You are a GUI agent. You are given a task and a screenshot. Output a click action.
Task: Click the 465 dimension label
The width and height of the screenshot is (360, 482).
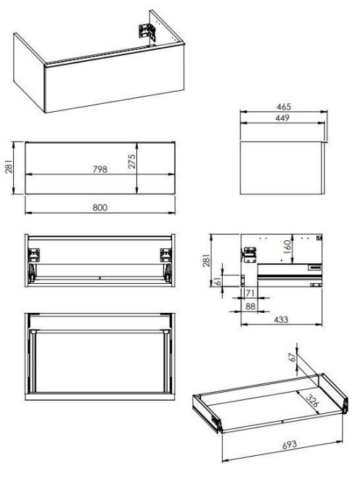(x=284, y=107)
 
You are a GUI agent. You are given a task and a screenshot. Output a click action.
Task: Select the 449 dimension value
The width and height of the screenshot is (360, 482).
(x=282, y=118)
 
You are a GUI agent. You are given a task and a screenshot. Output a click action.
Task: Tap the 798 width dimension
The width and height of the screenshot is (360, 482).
(x=100, y=169)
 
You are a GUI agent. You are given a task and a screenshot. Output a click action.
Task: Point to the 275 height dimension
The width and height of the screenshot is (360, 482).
(x=131, y=161)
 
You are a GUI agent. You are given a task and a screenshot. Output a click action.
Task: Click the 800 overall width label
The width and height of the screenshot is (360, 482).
(x=100, y=208)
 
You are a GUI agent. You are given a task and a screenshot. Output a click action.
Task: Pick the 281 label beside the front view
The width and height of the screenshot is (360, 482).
(x=9, y=166)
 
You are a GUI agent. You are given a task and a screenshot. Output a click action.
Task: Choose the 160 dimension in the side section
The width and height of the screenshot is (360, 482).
(x=287, y=247)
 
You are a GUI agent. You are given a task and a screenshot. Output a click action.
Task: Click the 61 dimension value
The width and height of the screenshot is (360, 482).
(x=217, y=281)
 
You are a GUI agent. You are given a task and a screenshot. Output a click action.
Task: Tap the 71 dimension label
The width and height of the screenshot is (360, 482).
(x=250, y=293)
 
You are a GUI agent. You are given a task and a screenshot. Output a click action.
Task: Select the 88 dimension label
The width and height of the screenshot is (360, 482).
(x=250, y=306)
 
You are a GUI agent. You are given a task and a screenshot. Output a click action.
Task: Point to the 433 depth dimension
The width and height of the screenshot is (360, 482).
(x=281, y=319)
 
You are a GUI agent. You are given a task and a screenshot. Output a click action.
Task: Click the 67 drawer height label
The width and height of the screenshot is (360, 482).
(x=292, y=356)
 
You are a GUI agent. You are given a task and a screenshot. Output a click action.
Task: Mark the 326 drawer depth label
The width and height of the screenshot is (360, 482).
(x=312, y=400)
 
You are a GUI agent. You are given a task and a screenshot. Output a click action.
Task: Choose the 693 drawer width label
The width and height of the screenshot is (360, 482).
(x=290, y=444)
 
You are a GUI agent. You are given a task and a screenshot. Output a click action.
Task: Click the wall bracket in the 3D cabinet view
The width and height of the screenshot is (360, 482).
(x=146, y=32)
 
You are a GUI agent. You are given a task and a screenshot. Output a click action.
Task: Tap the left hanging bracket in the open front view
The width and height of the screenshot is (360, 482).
(x=34, y=255)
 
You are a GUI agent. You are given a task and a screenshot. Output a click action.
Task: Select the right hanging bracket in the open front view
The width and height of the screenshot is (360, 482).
(x=166, y=255)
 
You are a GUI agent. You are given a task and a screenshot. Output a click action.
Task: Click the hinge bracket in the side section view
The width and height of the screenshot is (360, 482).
(x=250, y=255)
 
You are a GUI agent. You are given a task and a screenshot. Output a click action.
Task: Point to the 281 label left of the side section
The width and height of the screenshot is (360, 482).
(x=207, y=261)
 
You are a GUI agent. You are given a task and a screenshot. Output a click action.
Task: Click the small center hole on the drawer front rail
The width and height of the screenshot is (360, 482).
(x=99, y=278)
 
